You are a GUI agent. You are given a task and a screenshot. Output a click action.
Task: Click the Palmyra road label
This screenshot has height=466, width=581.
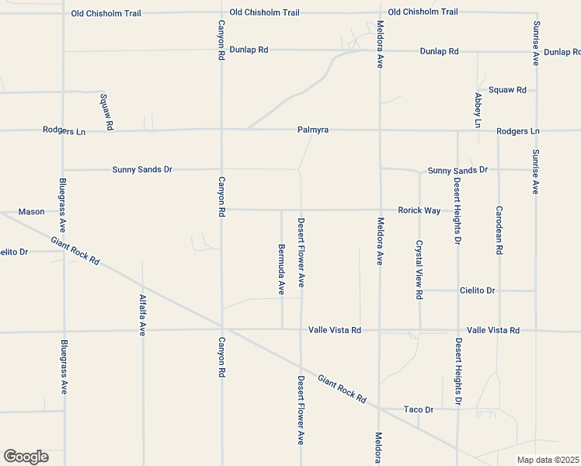(313, 130)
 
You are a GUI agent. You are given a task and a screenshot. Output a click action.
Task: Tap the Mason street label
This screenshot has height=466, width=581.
(32, 211)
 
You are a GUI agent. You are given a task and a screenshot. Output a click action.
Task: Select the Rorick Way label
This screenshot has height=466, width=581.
(419, 210)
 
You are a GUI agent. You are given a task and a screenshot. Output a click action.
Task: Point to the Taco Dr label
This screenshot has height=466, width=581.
(418, 409)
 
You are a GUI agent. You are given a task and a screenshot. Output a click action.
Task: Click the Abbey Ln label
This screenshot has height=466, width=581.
(478, 110)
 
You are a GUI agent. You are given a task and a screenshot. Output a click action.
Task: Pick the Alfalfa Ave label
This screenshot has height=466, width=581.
(143, 315)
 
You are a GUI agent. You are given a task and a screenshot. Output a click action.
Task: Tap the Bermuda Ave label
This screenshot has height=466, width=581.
(281, 270)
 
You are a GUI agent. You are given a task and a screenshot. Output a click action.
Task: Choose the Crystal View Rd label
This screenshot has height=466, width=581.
(419, 270)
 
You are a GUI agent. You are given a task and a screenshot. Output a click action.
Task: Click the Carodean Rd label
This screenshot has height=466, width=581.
(499, 231)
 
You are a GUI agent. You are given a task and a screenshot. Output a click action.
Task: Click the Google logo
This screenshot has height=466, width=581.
(26, 457)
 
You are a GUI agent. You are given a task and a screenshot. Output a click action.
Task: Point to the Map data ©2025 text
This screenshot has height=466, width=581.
(548, 460)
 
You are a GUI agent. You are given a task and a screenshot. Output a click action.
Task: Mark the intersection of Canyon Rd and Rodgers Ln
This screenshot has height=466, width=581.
(221, 130)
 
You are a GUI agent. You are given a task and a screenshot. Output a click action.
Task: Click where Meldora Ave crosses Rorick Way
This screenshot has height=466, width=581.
(380, 210)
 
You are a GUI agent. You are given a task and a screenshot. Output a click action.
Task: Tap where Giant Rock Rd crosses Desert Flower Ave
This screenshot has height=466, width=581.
(301, 365)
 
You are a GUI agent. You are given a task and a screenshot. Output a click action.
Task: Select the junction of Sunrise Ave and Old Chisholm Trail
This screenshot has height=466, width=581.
(536, 12)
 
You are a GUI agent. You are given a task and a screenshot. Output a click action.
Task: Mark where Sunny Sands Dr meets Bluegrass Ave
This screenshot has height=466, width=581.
(63, 169)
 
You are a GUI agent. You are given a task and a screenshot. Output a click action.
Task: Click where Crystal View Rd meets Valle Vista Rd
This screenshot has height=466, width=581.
(420, 329)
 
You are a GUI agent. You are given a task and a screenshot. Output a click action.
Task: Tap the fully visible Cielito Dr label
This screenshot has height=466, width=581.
(477, 290)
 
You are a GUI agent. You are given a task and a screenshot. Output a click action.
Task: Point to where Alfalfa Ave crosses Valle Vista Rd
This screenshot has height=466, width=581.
(143, 332)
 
